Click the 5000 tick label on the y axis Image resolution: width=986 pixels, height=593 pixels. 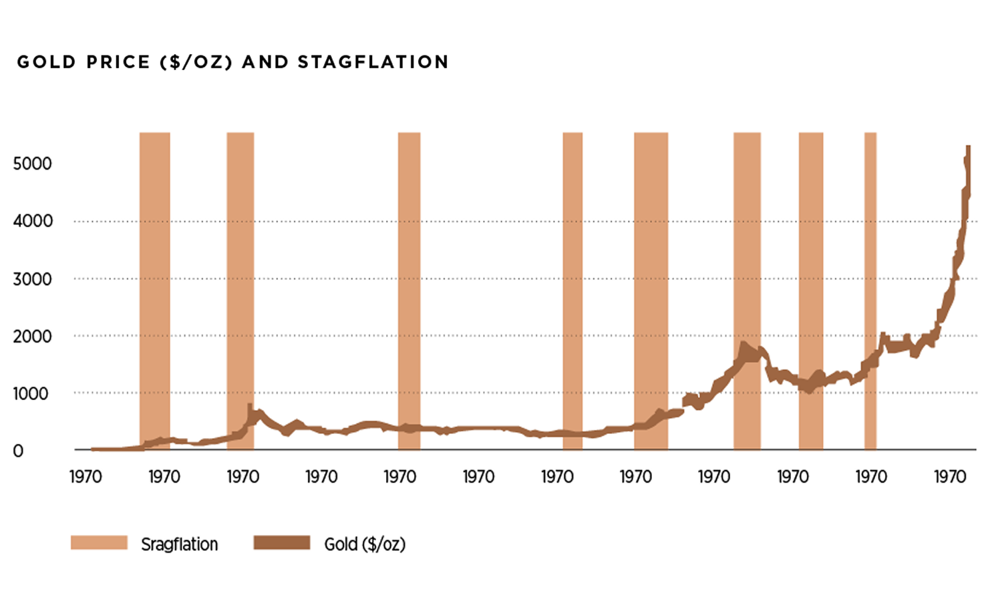point(32,164)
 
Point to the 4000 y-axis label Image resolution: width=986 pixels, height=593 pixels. point(32,221)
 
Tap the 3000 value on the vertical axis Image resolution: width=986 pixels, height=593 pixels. point(32,278)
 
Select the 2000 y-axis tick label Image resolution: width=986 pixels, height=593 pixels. point(32,336)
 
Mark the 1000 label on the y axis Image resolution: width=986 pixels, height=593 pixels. point(31,393)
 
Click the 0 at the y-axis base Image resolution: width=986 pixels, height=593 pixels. point(18,451)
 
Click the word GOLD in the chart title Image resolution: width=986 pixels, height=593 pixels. point(46,62)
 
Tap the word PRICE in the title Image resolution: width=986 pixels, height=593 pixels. point(118,62)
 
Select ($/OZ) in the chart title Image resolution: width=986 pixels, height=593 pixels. point(196,62)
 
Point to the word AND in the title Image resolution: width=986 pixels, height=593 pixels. point(265,62)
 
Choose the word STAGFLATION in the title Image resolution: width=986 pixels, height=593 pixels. point(373,62)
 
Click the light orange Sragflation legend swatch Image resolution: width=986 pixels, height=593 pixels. point(99,543)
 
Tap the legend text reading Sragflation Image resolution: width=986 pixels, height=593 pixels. point(179,544)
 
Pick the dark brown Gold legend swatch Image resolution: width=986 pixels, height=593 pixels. point(281,543)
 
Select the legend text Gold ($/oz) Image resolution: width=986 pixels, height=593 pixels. point(365,544)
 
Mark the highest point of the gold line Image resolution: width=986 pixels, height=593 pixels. point(968,147)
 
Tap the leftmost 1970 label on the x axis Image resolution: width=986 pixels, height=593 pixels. point(86,477)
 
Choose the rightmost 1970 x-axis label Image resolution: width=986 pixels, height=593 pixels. point(949,477)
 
